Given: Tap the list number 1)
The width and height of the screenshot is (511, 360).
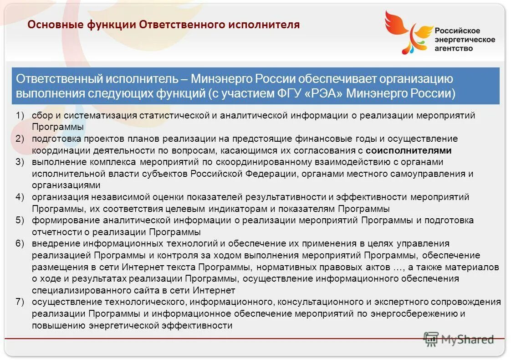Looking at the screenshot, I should click(20, 115).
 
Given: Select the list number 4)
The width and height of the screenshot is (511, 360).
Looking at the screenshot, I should click(20, 197).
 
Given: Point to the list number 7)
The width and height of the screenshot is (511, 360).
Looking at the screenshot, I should click(20, 302).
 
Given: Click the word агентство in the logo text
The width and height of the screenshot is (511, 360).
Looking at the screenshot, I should click(454, 48).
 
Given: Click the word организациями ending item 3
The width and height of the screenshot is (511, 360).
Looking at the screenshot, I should click(66, 185).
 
